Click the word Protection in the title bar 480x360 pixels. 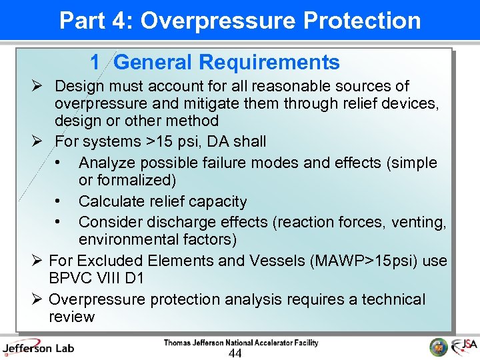tap(362, 21)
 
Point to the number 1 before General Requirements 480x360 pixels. tap(95, 63)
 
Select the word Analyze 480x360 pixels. tap(106, 163)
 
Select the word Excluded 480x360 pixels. tap(112, 261)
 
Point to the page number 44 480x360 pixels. tap(235, 353)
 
